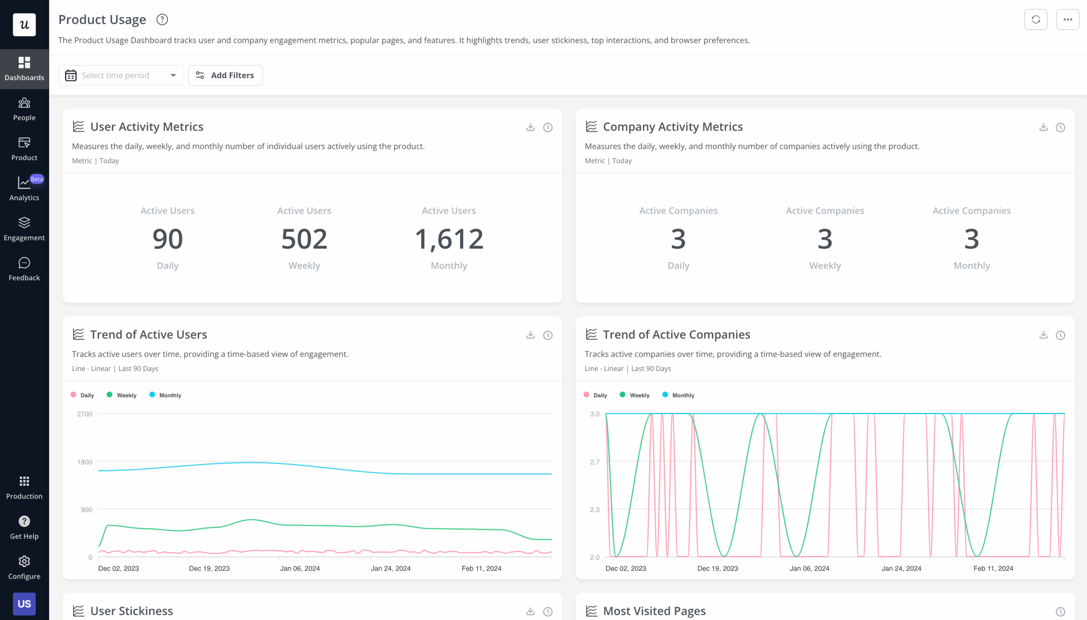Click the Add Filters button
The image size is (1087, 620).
coord(225,75)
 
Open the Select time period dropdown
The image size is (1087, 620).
coord(121,75)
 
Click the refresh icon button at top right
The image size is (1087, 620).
coord(1035,20)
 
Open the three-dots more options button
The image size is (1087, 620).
coord(1067,20)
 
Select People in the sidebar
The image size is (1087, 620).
coord(24,109)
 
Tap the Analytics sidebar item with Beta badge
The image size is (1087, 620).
coord(24,189)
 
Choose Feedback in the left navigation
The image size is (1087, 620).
coord(24,269)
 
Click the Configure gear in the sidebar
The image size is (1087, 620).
coord(24,567)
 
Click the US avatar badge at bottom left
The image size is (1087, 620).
coord(24,603)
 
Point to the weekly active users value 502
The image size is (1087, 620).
coord(304,239)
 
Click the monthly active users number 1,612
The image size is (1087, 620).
coord(449,239)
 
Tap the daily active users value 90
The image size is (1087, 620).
coord(168,239)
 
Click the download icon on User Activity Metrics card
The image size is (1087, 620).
coord(530,127)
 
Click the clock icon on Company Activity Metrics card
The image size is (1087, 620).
coord(1060,127)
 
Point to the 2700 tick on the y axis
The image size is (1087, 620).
coord(84,414)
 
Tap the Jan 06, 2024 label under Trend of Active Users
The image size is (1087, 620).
coord(300,568)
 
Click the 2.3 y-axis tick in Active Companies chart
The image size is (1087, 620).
coord(594,509)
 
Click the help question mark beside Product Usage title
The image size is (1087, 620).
coord(162,20)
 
